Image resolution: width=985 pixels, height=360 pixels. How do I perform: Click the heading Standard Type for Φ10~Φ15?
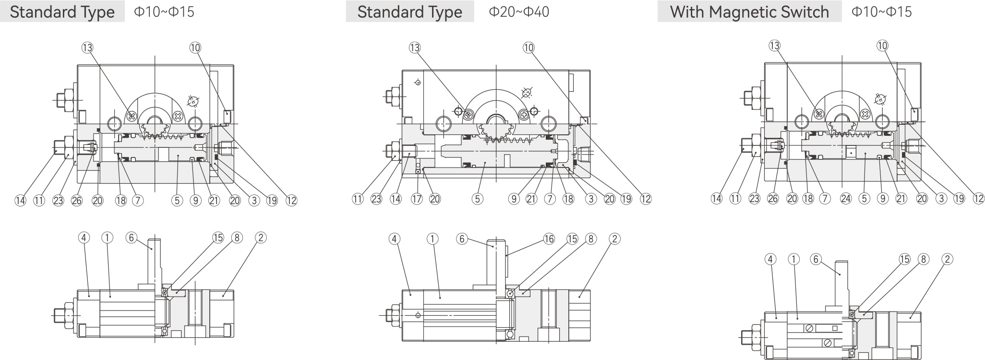point(62,12)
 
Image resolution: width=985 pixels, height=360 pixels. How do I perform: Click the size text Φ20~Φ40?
point(518,12)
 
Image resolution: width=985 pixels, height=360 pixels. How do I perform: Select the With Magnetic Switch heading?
point(749,12)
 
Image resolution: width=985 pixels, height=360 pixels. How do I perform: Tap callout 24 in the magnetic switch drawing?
point(846,199)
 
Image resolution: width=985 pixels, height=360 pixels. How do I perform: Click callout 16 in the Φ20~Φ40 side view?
point(549,239)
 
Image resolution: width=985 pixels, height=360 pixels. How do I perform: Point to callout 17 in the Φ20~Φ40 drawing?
point(417,199)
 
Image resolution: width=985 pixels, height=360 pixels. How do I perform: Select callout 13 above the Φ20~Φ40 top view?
point(415,48)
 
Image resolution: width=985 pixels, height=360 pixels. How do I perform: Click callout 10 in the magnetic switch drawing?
point(882,46)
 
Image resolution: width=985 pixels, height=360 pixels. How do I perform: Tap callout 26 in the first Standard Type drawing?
point(77,200)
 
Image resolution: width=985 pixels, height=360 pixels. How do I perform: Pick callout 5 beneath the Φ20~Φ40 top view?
point(477,199)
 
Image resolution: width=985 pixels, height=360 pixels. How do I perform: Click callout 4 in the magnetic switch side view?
point(770,259)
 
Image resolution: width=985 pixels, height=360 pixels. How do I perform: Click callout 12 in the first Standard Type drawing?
point(291,200)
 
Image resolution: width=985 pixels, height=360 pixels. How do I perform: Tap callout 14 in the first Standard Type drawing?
point(20,200)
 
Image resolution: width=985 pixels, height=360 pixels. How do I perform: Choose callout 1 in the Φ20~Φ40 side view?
point(432,239)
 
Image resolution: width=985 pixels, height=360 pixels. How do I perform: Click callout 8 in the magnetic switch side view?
point(923,259)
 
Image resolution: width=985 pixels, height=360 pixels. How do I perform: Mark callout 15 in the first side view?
point(218,237)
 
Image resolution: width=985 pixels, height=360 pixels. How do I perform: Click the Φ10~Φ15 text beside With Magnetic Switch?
point(881,12)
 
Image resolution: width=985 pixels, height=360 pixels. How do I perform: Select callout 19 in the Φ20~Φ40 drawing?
point(626,199)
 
